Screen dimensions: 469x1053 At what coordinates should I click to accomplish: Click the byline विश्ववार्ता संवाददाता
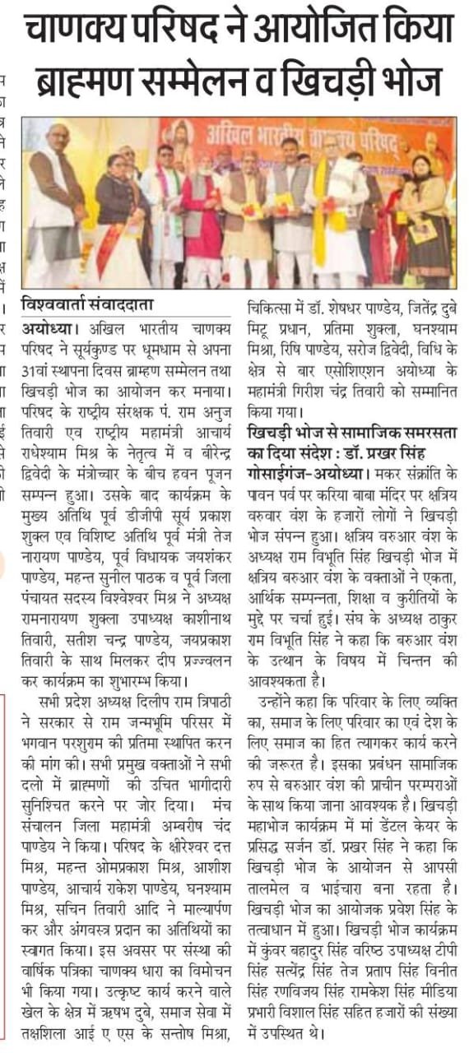coord(87,304)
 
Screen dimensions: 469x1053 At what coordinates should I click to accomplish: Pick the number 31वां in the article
coord(39,360)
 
